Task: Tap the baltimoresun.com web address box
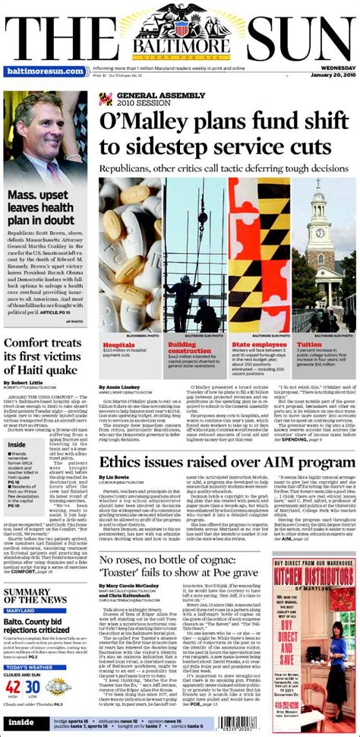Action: (44, 71)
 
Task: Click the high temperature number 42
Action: (11, 688)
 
